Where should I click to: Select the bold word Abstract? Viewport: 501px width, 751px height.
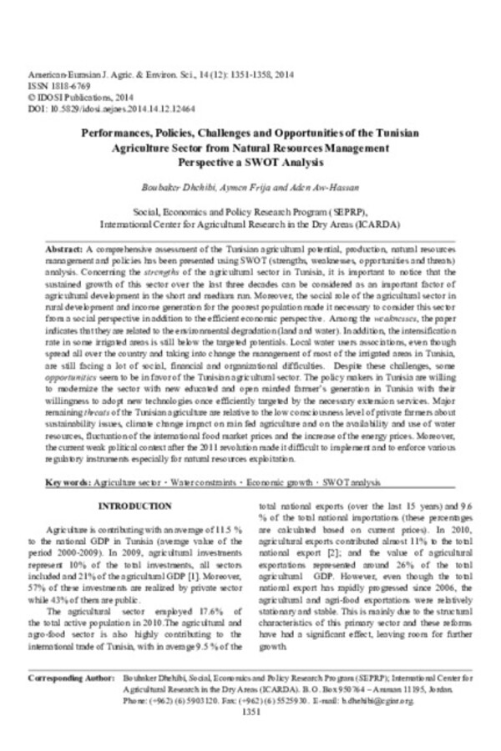[63, 249]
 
